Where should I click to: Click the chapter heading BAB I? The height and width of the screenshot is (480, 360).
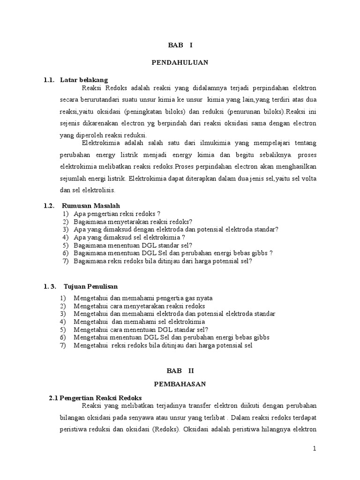pyautogui.click(x=180, y=45)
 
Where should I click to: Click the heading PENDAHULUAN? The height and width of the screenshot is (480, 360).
pyautogui.click(x=180, y=62)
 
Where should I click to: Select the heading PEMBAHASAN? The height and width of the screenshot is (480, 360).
pyautogui.click(x=180, y=383)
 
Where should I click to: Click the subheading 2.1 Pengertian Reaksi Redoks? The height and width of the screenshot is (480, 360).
pyautogui.click(x=95, y=398)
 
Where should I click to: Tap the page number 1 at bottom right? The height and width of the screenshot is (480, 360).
pyautogui.click(x=315, y=449)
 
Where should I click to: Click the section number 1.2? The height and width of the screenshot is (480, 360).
pyautogui.click(x=49, y=205)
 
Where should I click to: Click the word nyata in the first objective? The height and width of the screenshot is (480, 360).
pyautogui.click(x=204, y=298)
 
